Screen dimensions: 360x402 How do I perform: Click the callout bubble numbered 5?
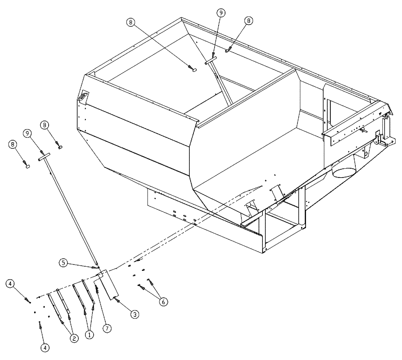point(63,263)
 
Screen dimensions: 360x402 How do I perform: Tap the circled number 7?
point(107,328)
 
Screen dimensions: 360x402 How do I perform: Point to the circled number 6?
point(163,301)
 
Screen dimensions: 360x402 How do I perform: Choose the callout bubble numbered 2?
point(74,338)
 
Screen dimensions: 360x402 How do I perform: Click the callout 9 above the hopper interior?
point(221,13)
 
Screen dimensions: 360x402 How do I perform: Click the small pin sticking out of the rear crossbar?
point(364,129)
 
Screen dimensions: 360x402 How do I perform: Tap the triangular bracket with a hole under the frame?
point(366,151)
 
